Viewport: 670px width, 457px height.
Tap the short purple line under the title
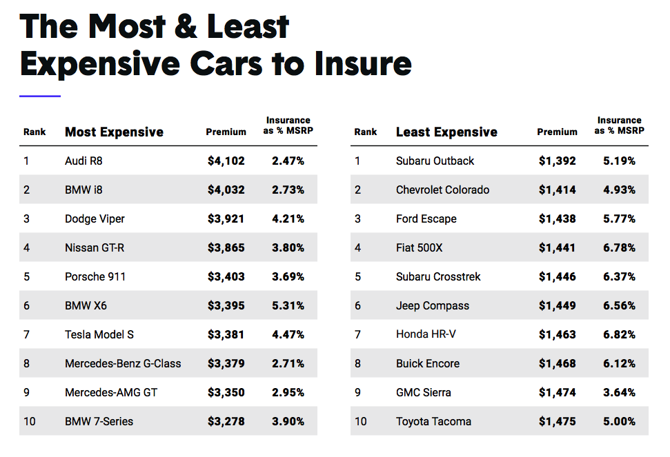tap(40, 97)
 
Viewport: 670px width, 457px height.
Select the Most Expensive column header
tap(114, 132)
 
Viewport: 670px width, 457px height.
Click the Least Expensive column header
tap(446, 132)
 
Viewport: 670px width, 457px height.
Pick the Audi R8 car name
tap(83, 161)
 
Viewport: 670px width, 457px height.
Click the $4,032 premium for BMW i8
tap(226, 190)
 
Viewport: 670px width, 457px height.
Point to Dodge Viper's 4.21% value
tap(288, 219)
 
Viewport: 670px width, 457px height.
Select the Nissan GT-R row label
tap(95, 248)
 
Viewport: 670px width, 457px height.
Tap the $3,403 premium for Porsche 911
tap(226, 277)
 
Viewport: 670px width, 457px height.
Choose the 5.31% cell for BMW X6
tap(288, 306)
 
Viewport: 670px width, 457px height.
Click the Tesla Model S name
tap(99, 335)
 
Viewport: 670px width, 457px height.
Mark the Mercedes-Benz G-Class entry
tap(123, 364)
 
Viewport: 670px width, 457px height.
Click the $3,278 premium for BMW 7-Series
tap(226, 421)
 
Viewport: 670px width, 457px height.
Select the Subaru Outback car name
tap(435, 161)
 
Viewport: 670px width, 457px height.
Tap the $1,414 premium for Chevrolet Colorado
tap(557, 190)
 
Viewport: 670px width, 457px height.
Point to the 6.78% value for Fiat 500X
tap(619, 248)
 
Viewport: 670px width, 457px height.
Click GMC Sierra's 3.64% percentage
tap(619, 393)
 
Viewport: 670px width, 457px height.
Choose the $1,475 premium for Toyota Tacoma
tap(557, 421)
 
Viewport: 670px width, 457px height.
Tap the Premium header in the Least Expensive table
tap(557, 132)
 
